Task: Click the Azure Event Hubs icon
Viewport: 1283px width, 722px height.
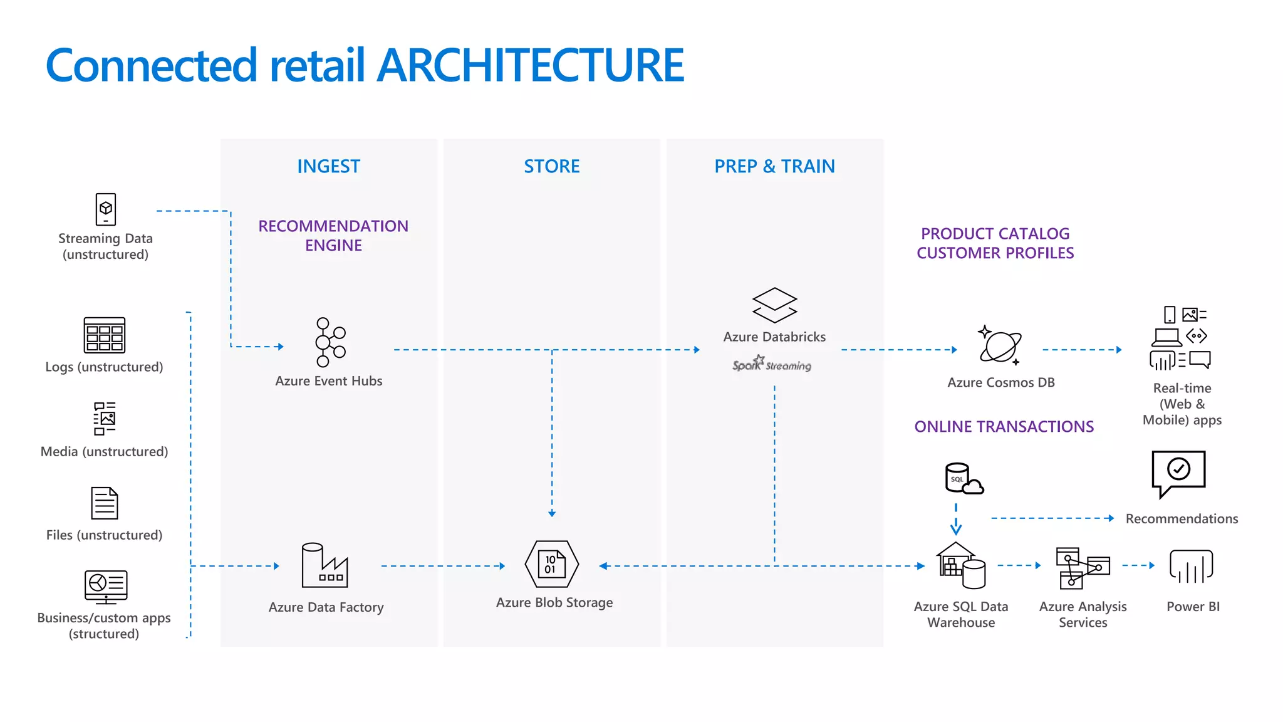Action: (330, 342)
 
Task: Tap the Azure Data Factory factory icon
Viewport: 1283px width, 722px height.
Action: (325, 565)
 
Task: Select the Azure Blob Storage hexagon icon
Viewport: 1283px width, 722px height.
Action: (551, 564)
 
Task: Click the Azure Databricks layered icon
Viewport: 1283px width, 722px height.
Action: (774, 305)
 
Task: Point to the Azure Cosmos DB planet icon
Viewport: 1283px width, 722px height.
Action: (1000, 345)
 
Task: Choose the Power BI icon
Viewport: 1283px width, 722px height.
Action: (1191, 567)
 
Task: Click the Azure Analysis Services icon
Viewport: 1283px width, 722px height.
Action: (1083, 568)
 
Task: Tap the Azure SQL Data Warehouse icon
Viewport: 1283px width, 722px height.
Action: (961, 566)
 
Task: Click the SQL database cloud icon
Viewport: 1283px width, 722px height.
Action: (964, 479)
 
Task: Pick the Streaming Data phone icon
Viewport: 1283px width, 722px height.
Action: (106, 209)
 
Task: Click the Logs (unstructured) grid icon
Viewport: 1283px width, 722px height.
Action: (105, 335)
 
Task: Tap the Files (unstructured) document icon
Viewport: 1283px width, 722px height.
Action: (105, 503)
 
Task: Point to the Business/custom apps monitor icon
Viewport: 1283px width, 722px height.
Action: (106, 587)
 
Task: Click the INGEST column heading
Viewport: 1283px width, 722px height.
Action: (329, 166)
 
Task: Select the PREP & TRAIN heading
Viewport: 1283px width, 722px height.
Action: (774, 166)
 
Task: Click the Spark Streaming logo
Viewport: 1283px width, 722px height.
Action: (772, 364)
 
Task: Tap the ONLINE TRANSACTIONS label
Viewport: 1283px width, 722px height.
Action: (1004, 427)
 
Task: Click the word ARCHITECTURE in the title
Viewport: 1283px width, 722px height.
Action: (531, 65)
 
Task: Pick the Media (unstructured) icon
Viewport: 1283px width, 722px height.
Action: (105, 419)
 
